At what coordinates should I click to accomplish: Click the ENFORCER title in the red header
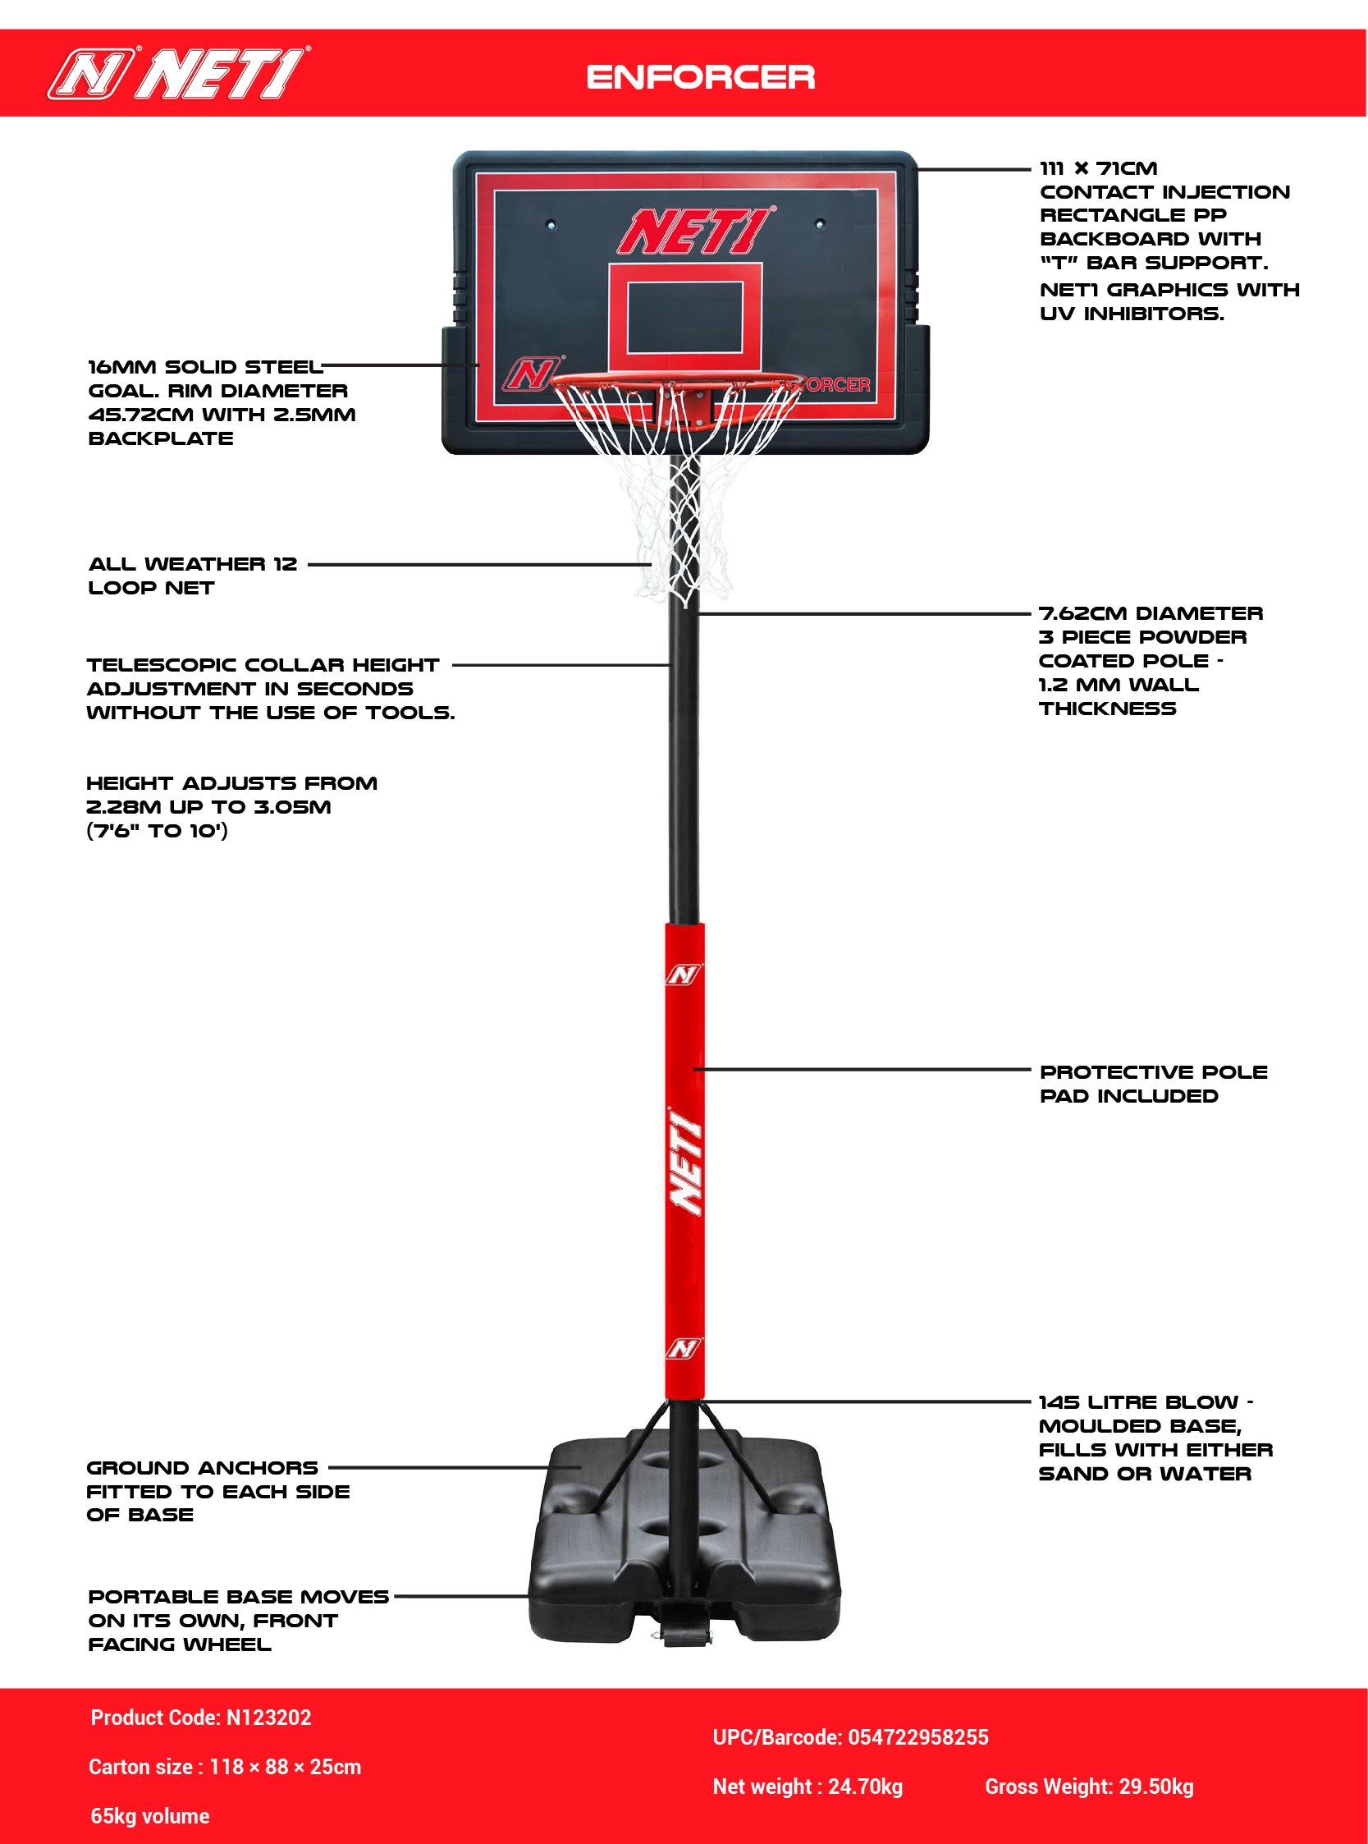pyautogui.click(x=701, y=77)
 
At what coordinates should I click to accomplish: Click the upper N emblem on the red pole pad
pyautogui.click(x=683, y=975)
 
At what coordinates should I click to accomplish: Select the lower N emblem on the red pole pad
pyautogui.click(x=683, y=1350)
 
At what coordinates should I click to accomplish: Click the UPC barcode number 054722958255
pyautogui.click(x=918, y=1736)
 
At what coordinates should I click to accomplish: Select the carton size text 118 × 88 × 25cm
pyautogui.click(x=285, y=1766)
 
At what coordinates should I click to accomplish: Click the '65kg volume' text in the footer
pyautogui.click(x=150, y=1815)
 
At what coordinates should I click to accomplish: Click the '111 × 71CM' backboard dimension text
pyautogui.click(x=1098, y=168)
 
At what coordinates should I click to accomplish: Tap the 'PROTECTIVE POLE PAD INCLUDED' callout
pyautogui.click(x=1153, y=1084)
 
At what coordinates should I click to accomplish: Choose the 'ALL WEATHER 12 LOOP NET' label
pyautogui.click(x=192, y=576)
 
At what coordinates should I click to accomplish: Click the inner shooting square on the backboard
pyautogui.click(x=685, y=317)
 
